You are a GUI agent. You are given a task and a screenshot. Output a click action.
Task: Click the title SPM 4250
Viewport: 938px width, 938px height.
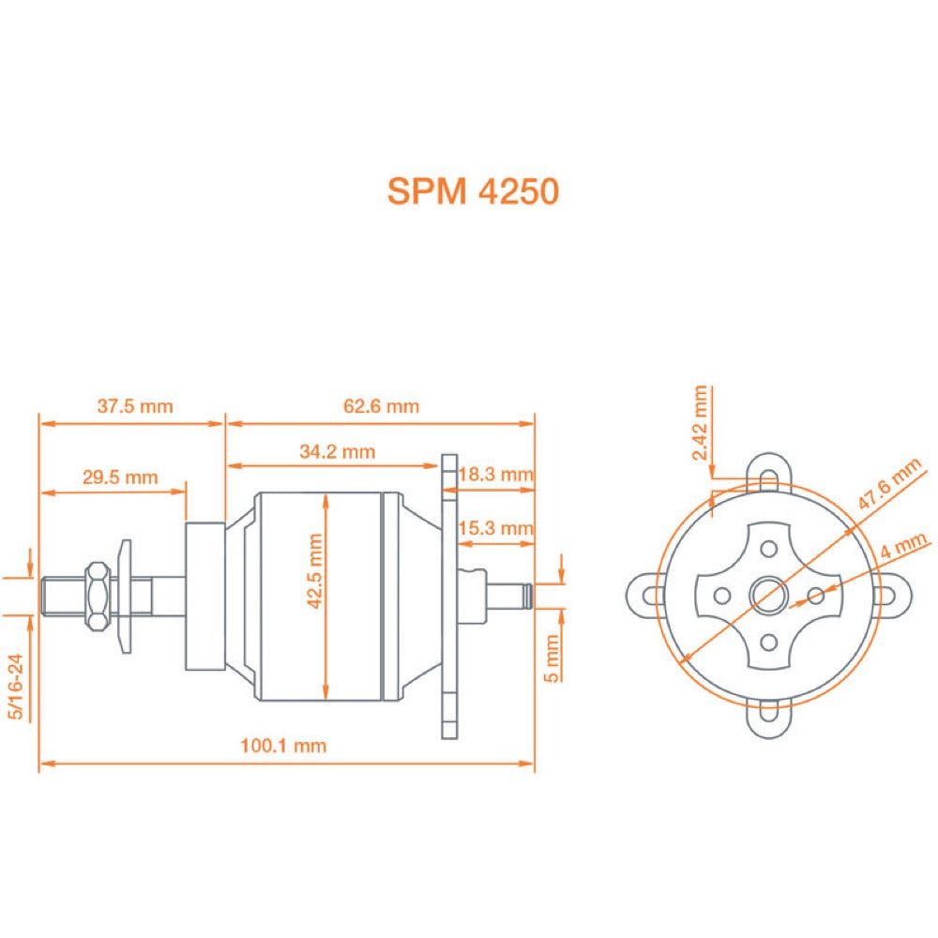(x=473, y=191)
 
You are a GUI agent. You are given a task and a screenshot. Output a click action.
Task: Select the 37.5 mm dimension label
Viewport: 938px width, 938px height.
(x=135, y=406)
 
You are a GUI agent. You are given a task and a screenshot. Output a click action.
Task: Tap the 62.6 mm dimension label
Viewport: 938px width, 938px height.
(x=381, y=406)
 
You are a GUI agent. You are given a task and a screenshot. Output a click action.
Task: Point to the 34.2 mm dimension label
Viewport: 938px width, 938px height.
(x=338, y=451)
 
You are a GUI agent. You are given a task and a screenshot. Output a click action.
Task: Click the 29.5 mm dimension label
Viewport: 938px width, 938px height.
(x=120, y=477)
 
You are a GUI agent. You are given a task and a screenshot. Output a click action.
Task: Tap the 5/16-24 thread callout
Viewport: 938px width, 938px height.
(x=16, y=688)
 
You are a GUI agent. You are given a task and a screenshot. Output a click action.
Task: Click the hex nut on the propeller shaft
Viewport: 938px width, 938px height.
(x=96, y=595)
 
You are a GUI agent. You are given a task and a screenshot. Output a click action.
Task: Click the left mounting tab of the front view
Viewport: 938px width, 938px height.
(x=644, y=595)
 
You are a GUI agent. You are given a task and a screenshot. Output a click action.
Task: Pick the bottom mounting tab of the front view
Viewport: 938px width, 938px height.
(x=769, y=722)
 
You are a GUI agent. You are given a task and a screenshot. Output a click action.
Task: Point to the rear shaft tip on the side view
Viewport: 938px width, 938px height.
(x=529, y=595)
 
